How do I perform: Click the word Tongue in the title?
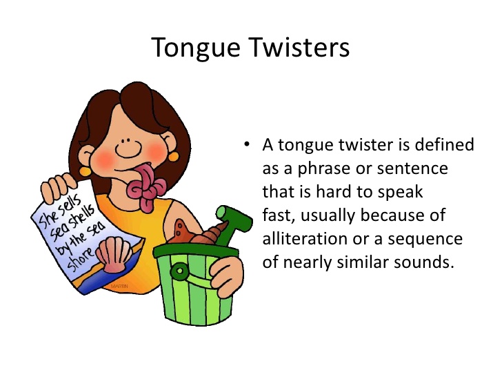(x=196, y=48)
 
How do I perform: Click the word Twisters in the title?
(x=299, y=47)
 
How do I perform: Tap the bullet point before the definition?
(x=247, y=144)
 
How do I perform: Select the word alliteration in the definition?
(x=305, y=238)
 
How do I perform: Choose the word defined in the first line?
(x=444, y=144)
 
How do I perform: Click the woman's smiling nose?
(x=128, y=148)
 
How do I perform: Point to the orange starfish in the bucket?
(x=181, y=231)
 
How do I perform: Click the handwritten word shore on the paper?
(x=81, y=258)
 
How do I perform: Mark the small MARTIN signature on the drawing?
(x=119, y=286)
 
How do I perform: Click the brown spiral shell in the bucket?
(x=209, y=233)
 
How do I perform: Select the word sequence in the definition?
(x=425, y=239)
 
